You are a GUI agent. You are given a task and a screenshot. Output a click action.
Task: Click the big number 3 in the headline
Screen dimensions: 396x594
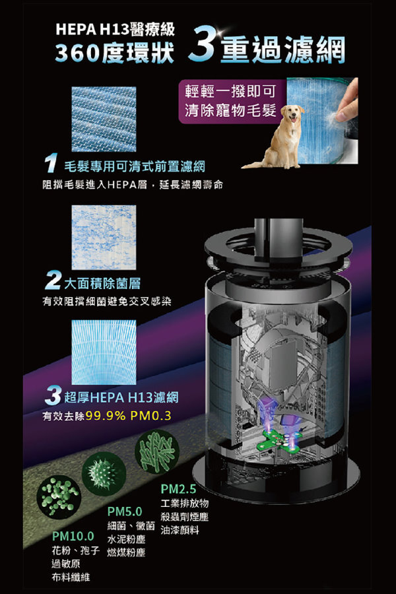pyautogui.click(x=203, y=46)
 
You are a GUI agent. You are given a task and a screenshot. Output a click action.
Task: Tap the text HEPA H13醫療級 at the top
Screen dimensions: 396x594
pyautogui.click(x=115, y=29)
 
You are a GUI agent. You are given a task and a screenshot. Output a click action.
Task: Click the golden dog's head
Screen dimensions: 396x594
pyautogui.click(x=293, y=114)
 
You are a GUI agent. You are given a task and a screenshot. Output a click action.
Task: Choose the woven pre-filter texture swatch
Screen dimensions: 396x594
pyautogui.click(x=104, y=119)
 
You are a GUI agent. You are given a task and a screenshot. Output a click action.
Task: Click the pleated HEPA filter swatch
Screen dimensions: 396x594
pyautogui.click(x=104, y=352)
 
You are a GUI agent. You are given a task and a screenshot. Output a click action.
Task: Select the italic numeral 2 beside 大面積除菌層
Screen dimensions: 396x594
pyautogui.click(x=53, y=280)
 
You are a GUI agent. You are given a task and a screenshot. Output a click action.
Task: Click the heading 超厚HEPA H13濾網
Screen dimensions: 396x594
pyautogui.click(x=121, y=397)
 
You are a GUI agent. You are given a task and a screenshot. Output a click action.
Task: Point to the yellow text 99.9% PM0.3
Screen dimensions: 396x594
pyautogui.click(x=129, y=416)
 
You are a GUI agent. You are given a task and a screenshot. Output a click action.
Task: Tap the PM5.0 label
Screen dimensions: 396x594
pyautogui.click(x=125, y=511)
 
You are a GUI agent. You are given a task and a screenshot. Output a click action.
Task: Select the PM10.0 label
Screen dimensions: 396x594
pyautogui.click(x=73, y=536)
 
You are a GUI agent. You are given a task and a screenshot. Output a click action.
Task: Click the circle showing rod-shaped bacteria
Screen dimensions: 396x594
pyautogui.click(x=157, y=452)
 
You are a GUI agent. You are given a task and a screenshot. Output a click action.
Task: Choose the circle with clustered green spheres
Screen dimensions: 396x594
pyautogui.click(x=59, y=496)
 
